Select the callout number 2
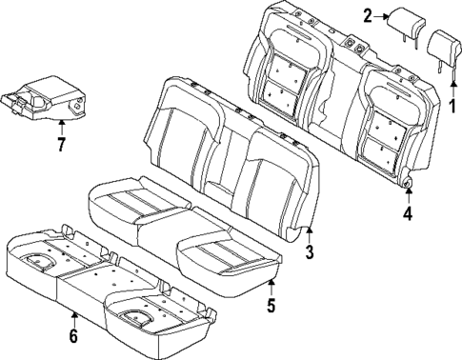point(367,14)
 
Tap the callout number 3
point(309,251)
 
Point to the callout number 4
point(407,214)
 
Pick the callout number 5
point(271,306)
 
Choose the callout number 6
point(73,336)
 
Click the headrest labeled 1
point(444,46)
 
